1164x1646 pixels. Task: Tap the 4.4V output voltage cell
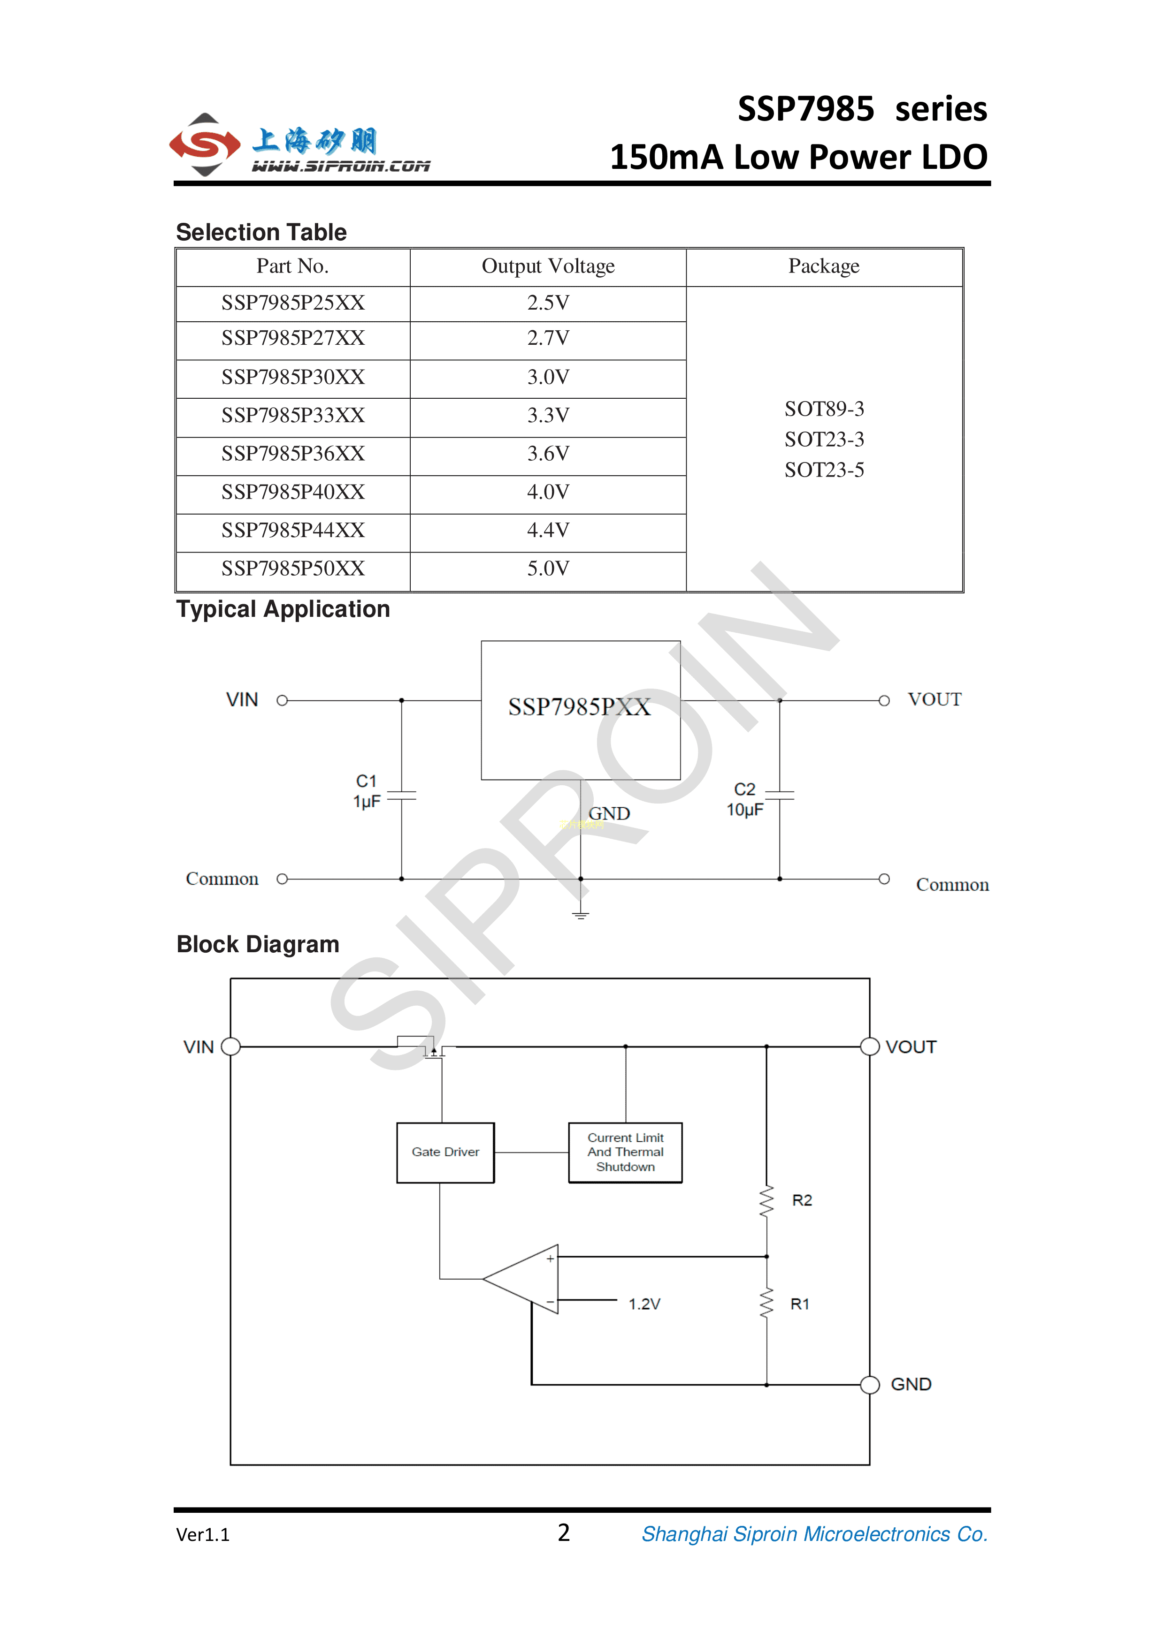548,531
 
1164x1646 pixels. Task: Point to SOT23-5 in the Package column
824,470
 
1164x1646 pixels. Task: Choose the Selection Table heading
261,232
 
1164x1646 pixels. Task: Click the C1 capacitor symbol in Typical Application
402,796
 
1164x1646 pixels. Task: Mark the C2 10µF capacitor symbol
780,794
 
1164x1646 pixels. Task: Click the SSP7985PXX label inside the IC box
580,707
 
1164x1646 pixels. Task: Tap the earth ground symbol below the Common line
580,915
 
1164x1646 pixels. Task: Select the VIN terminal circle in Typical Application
283,700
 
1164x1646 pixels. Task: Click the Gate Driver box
445,1152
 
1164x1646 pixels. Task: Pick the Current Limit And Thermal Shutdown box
625,1152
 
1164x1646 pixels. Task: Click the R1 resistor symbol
766,1303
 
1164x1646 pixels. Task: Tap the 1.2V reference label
644,1304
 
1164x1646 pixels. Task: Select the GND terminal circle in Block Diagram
870,1384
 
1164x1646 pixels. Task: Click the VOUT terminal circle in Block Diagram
870,1047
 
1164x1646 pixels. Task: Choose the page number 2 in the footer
564,1533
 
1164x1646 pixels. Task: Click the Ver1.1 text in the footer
203,1535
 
